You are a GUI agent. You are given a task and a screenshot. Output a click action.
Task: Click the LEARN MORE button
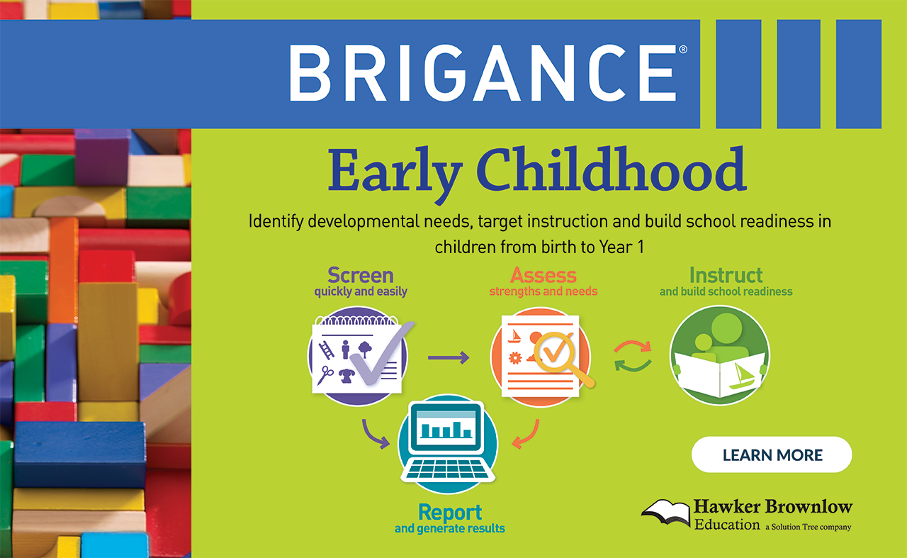pos(772,454)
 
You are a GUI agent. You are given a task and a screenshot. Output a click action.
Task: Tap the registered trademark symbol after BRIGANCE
pos(682,50)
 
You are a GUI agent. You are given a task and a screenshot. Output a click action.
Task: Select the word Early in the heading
pos(395,174)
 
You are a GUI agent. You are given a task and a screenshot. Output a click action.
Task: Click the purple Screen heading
pos(361,275)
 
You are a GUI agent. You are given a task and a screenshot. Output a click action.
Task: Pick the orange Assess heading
pos(543,276)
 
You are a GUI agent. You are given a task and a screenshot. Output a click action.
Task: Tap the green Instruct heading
pos(726,276)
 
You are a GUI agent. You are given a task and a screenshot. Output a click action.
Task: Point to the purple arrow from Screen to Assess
pos(449,357)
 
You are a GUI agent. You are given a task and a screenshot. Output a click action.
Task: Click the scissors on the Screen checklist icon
pos(325,375)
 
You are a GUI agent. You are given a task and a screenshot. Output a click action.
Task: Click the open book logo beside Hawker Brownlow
pos(665,513)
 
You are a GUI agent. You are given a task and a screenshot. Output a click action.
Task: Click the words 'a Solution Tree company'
pos(809,527)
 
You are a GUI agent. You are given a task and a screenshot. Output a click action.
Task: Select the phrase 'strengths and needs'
pos(543,291)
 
